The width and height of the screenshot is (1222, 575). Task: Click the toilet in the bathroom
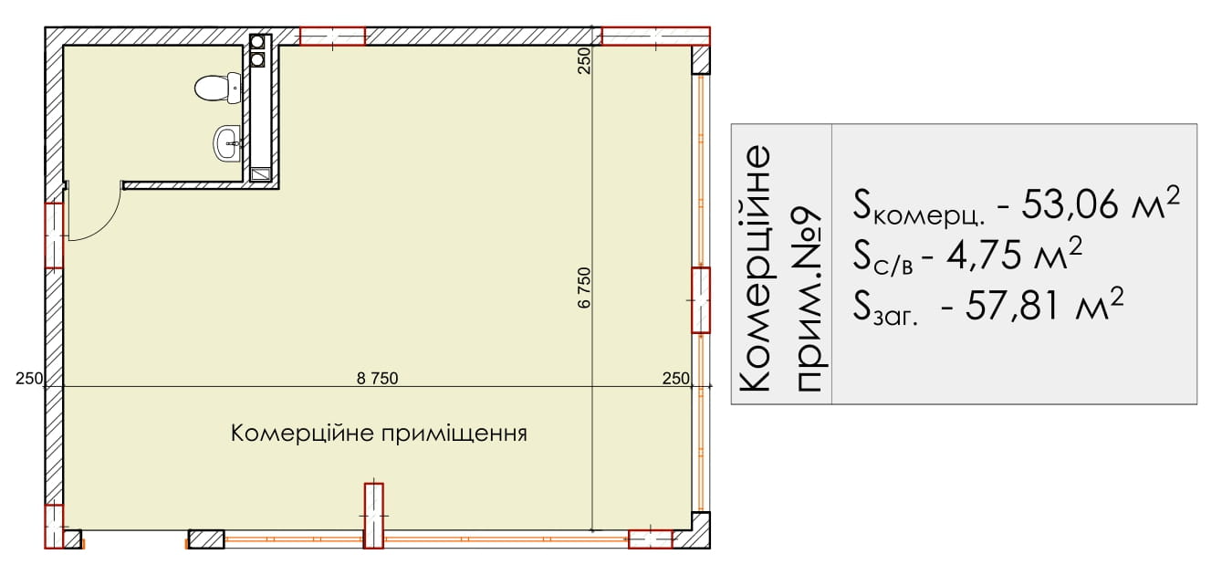218,88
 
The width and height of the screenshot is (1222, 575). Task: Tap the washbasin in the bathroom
226,143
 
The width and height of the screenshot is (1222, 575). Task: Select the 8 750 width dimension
378,378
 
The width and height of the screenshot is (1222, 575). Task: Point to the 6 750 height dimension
584,288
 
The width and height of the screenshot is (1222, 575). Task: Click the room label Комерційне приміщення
379,434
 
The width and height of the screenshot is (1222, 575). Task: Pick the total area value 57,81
1008,306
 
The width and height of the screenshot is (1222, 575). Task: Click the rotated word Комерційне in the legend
755,268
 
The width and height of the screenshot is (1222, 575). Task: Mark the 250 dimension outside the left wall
29,378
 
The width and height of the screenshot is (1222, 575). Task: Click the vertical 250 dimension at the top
584,60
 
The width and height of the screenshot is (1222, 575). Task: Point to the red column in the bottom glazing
373,516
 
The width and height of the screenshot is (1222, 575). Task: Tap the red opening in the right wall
701,300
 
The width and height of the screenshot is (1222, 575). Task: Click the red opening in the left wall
54,235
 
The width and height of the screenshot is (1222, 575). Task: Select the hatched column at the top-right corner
701,60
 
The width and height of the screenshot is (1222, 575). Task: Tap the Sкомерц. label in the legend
919,207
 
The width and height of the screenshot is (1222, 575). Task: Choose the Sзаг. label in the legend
885,308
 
